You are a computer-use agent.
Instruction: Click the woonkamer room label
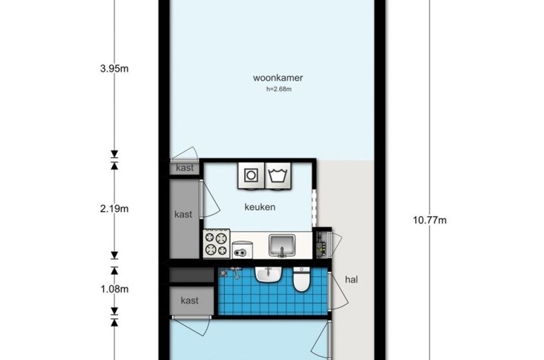278,78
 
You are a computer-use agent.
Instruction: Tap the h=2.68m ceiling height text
279,89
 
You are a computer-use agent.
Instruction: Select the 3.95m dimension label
114,69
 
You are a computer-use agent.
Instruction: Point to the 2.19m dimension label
114,209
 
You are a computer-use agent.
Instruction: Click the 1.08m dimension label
115,289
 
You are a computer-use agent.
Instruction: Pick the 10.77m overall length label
429,220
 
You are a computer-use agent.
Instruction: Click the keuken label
260,207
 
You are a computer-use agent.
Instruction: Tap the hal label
351,279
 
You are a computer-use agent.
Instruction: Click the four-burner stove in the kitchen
216,244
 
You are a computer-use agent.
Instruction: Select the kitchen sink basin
282,245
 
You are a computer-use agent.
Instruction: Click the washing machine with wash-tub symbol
278,176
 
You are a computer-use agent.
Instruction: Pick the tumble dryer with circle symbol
251,176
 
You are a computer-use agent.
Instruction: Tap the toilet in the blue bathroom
302,279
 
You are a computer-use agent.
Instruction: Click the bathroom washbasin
268,275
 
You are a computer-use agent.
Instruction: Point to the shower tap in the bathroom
236,272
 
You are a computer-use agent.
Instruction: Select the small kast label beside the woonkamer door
185,168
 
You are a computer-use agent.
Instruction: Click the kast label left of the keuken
183,214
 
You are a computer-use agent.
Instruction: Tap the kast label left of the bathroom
189,301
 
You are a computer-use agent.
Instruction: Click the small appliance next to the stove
242,250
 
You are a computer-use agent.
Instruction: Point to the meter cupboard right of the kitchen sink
322,244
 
